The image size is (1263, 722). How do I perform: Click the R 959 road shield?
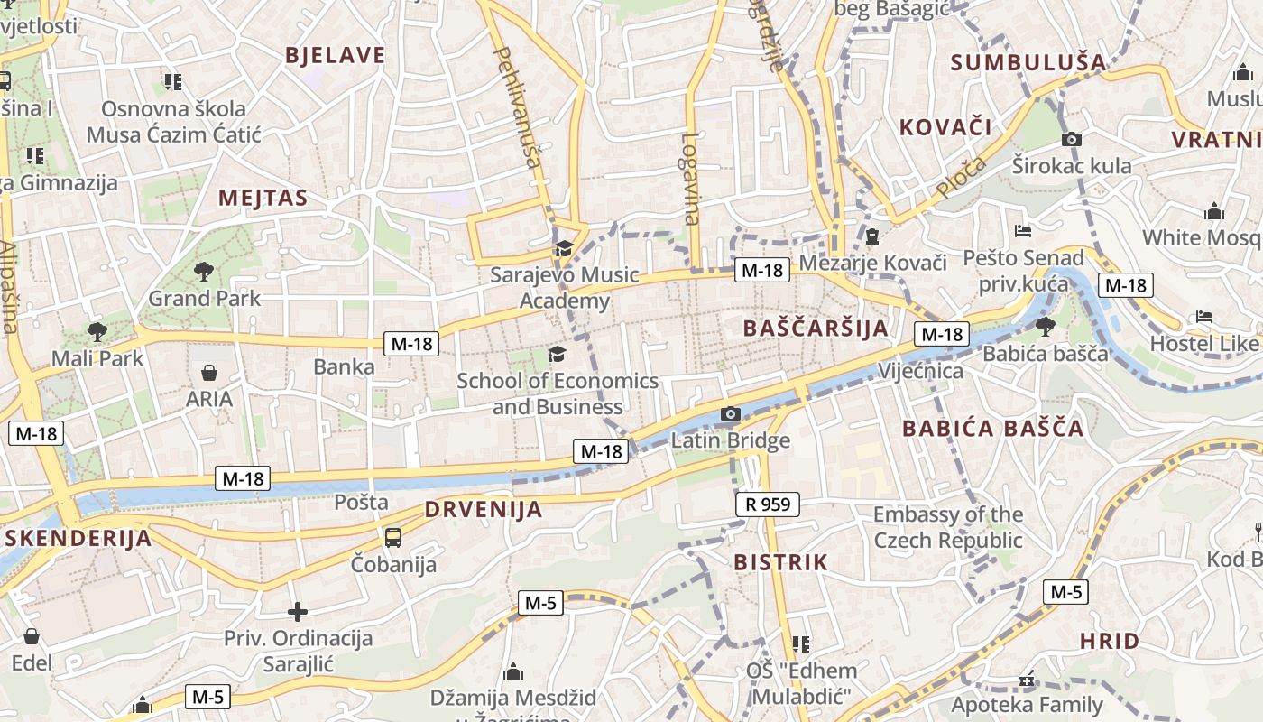(x=768, y=504)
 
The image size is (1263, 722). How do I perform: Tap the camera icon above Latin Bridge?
(x=731, y=414)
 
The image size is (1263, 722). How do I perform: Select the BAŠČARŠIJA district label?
(x=816, y=329)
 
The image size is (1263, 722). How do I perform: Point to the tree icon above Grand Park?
(x=204, y=270)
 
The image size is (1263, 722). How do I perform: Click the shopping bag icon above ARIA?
(x=209, y=373)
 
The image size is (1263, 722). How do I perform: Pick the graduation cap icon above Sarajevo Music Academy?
(x=564, y=248)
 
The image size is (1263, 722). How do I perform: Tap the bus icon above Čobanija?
(x=393, y=538)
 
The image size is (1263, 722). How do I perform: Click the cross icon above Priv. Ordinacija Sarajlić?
(x=298, y=612)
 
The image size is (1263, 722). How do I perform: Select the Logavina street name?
(x=690, y=179)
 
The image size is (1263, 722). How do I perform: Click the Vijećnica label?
(x=920, y=371)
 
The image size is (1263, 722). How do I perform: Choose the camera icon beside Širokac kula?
(x=1072, y=139)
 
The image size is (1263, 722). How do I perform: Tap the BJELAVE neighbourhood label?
(x=336, y=55)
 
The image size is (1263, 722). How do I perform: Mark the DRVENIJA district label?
(x=484, y=510)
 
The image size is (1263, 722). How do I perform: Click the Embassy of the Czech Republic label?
(x=948, y=528)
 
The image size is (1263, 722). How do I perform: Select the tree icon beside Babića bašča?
(x=1046, y=326)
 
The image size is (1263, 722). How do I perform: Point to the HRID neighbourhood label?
(x=1110, y=642)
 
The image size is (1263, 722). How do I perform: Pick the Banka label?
(x=344, y=367)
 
